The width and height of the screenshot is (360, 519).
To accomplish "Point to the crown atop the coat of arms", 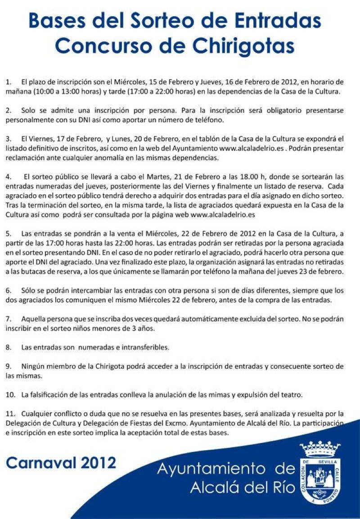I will click(320, 448).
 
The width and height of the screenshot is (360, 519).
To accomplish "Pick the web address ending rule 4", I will click(223, 215).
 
